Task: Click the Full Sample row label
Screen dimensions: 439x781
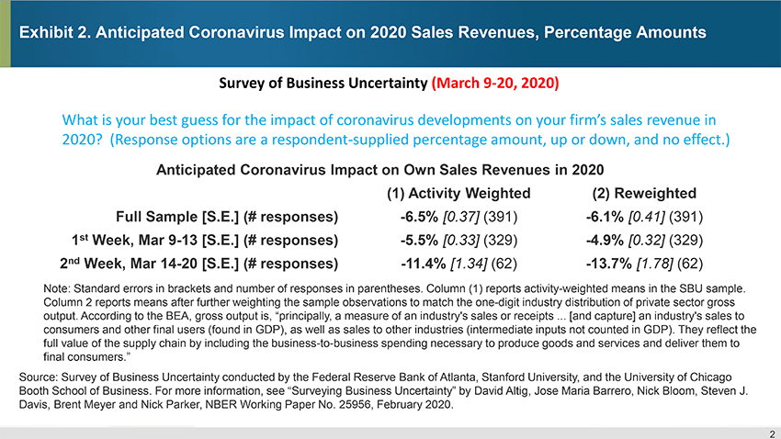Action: coord(227,218)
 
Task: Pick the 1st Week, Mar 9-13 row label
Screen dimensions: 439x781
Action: coord(205,241)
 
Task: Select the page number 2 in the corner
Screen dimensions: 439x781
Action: coord(770,433)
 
